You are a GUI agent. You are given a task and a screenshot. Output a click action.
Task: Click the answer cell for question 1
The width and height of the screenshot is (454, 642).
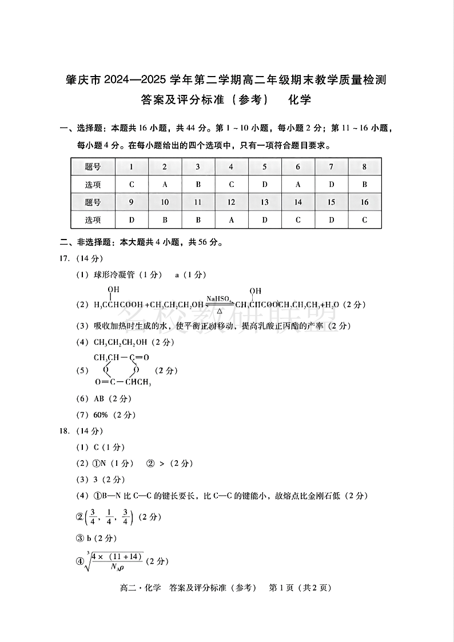(x=132, y=185)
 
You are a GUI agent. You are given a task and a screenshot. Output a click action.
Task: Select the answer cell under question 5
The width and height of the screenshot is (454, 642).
(x=265, y=185)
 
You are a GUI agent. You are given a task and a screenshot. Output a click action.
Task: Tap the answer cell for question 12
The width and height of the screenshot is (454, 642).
(x=231, y=220)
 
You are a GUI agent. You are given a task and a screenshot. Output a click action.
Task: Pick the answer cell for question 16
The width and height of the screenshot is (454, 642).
(x=364, y=220)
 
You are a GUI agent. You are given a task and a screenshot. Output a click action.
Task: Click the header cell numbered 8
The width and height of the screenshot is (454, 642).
(x=364, y=167)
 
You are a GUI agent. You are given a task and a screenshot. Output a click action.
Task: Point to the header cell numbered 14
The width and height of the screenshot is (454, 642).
(x=298, y=202)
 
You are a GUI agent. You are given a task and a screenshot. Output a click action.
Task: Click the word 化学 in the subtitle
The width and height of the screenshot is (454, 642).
(x=300, y=99)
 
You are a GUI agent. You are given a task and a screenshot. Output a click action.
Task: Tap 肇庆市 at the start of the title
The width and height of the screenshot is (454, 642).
(x=84, y=79)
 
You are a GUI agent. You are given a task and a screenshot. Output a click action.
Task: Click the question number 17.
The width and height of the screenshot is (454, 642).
(x=65, y=258)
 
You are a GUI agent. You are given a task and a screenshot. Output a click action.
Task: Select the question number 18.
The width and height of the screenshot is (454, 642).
(x=65, y=431)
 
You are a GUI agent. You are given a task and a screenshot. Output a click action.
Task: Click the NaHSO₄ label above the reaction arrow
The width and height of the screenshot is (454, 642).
(x=219, y=298)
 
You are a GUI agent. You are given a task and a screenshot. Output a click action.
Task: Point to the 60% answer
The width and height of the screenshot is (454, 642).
(x=101, y=415)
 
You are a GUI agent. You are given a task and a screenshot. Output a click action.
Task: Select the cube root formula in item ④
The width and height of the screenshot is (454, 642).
(x=114, y=561)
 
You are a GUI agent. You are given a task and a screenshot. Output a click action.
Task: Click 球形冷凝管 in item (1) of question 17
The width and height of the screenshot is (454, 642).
(x=114, y=275)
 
